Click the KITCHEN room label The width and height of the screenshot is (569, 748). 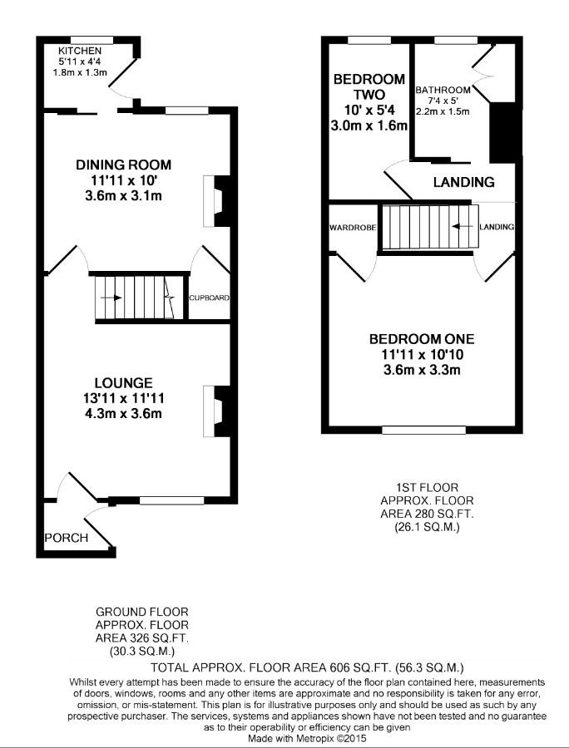click(80, 51)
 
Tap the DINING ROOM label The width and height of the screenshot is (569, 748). click(124, 165)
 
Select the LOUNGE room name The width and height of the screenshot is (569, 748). click(124, 383)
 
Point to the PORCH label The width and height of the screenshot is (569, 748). click(67, 538)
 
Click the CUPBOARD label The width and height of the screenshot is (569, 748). click(209, 298)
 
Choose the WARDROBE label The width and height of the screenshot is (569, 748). click(354, 228)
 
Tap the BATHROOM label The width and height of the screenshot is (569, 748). click(443, 90)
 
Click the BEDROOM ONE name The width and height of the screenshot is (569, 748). click(422, 339)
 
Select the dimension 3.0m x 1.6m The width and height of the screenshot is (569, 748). click(369, 126)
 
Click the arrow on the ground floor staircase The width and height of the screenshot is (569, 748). click(111, 298)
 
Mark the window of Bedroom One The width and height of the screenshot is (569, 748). click(424, 431)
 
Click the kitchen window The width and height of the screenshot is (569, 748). click(92, 40)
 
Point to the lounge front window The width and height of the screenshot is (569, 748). click(172, 501)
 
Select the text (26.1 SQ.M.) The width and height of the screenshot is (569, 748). click(428, 528)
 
